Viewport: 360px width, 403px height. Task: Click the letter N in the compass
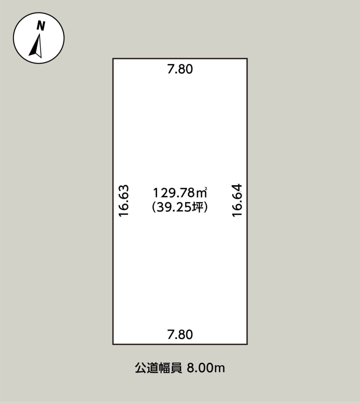41,26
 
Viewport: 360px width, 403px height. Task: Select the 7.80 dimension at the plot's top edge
180,69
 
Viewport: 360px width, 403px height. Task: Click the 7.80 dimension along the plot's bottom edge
180,334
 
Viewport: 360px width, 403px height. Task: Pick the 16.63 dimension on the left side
124,201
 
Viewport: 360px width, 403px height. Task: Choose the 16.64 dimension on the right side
237,200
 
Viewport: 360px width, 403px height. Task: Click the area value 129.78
174,193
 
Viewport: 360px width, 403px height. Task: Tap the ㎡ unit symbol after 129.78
202,193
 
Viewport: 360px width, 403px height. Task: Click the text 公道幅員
158,368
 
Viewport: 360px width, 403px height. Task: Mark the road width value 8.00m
206,368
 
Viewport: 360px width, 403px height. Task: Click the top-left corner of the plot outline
113,59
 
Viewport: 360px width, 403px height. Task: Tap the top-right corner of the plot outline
247,59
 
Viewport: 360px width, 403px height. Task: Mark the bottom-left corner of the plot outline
113,344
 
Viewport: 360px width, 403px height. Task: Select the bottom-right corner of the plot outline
247,344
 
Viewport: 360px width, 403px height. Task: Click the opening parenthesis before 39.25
154,207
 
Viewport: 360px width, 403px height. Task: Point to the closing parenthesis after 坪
206,207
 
